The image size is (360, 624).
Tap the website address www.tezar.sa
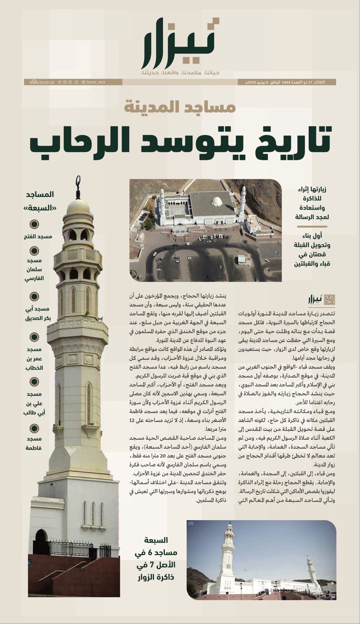click(42, 82)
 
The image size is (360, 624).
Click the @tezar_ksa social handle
click(93, 82)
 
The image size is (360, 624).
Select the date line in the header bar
click(286, 82)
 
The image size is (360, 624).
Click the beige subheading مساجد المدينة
click(180, 107)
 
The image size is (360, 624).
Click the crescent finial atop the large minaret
click(78, 182)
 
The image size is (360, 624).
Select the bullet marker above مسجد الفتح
click(34, 224)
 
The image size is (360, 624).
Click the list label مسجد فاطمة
click(34, 443)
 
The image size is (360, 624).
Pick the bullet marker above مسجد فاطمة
click(34, 429)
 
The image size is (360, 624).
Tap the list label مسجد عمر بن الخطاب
click(34, 358)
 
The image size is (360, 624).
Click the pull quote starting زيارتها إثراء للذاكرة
click(310, 203)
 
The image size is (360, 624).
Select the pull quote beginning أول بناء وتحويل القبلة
click(310, 249)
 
